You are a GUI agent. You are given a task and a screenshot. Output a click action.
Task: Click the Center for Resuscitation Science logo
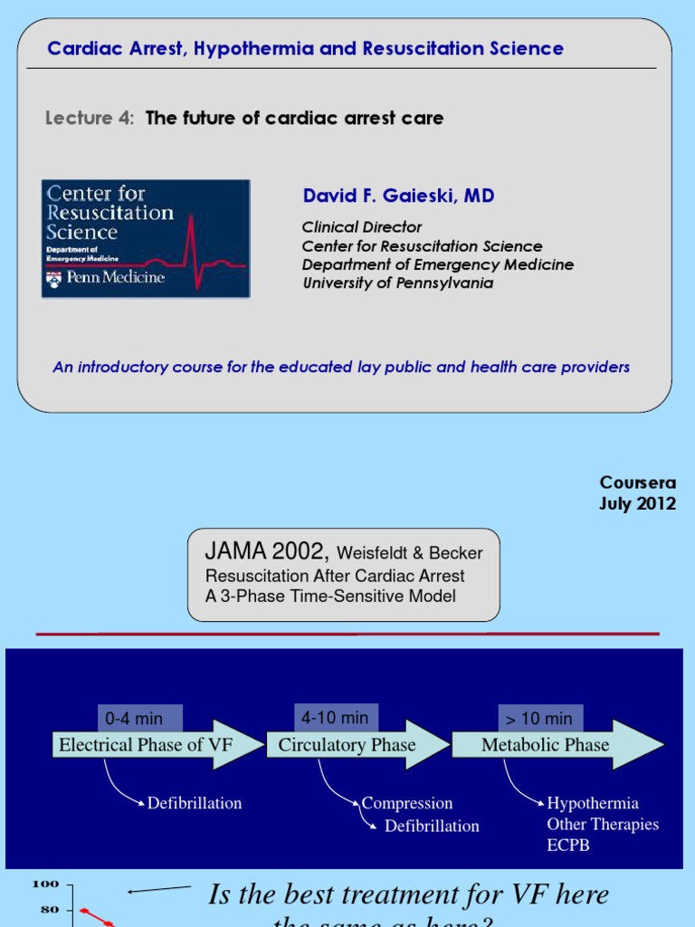click(145, 238)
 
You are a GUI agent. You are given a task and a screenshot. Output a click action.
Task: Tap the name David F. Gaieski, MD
click(398, 196)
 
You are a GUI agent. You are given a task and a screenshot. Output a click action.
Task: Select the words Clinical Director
click(362, 227)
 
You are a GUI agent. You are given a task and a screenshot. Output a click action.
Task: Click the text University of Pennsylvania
click(397, 282)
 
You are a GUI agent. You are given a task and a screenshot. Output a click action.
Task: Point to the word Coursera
click(637, 483)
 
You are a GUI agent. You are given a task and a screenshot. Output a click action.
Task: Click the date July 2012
click(637, 504)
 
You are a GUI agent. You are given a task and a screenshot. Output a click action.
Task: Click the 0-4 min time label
click(134, 719)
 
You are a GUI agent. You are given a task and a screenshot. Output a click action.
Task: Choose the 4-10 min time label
click(335, 718)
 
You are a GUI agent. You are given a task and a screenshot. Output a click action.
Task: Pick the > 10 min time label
click(539, 719)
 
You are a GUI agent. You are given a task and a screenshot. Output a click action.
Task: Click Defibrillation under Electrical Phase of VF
click(195, 803)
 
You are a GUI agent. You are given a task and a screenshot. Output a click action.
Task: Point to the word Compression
click(407, 803)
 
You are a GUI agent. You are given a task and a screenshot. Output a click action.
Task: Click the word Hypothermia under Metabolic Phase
click(593, 803)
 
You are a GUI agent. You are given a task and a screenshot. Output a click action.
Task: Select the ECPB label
click(568, 846)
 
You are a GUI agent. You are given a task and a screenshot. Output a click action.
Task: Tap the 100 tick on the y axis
click(45, 884)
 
